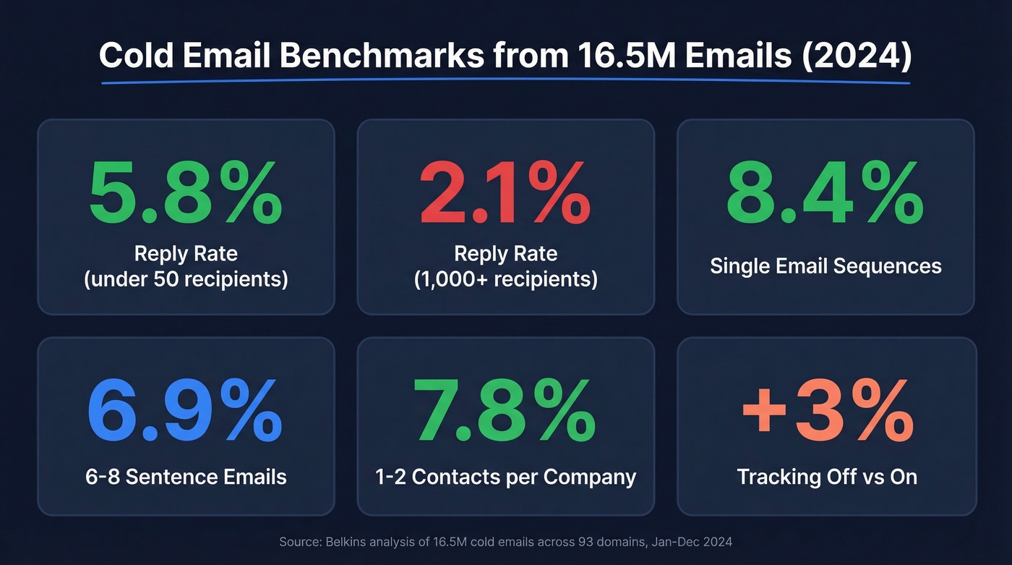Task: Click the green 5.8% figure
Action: point(186,192)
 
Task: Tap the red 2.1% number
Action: point(505,192)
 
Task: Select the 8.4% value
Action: point(825,192)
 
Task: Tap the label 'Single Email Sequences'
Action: point(826,265)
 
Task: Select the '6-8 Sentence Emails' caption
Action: point(186,477)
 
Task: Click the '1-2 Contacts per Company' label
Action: point(506,477)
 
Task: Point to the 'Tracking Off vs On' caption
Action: point(827,477)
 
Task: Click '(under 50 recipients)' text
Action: point(186,279)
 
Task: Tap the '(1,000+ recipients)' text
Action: point(506,279)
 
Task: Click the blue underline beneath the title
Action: point(506,82)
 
